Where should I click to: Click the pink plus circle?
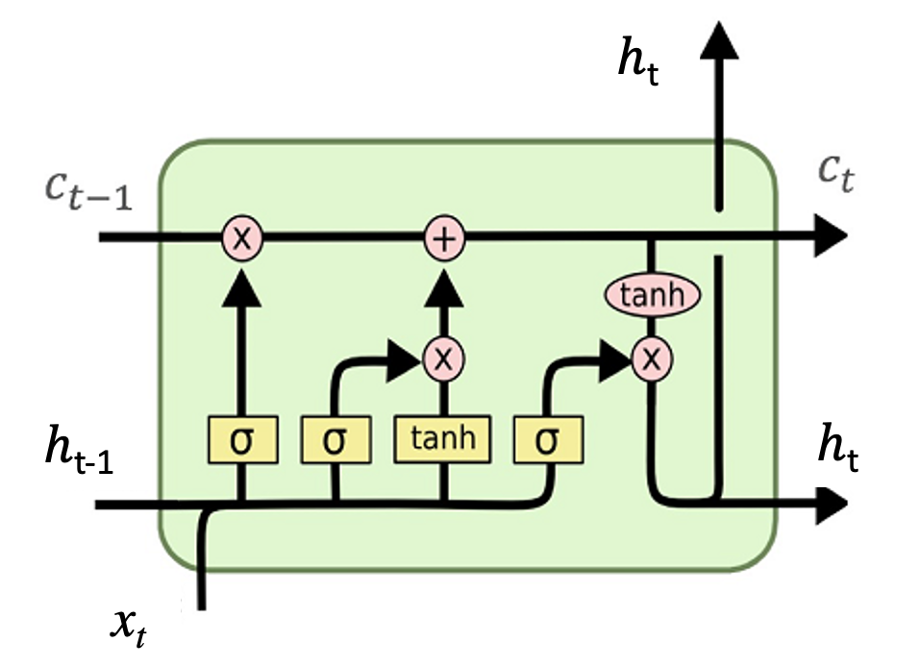pyautogui.click(x=444, y=237)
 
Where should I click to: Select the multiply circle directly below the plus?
pyautogui.click(x=443, y=358)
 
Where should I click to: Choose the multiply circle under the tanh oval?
pyautogui.click(x=652, y=358)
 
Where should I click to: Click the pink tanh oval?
pyautogui.click(x=652, y=295)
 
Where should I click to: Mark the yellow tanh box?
pyautogui.click(x=443, y=439)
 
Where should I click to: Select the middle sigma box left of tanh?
pyautogui.click(x=334, y=439)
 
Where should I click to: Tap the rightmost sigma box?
pyautogui.click(x=547, y=439)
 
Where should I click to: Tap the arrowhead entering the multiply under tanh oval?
pyautogui.click(x=613, y=358)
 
